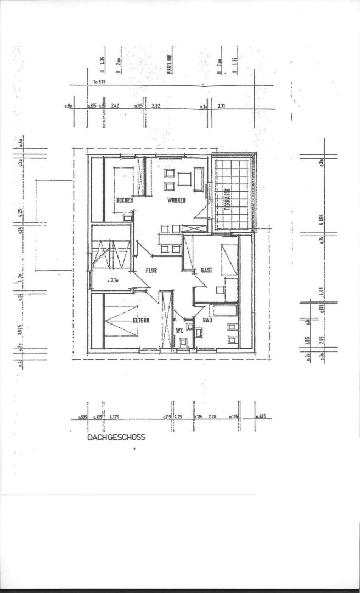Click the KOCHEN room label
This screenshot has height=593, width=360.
pyautogui.click(x=125, y=200)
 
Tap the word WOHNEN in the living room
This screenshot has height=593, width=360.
pyautogui.click(x=177, y=200)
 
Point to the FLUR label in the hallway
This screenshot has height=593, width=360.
pyautogui.click(x=152, y=271)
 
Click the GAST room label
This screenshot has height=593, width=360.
pyautogui.click(x=206, y=271)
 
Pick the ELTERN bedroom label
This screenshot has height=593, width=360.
pyautogui.click(x=140, y=321)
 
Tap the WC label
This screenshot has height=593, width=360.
pyautogui.click(x=179, y=331)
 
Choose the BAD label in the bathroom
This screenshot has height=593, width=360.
pyautogui.click(x=207, y=320)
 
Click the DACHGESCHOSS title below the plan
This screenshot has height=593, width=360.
pyautogui.click(x=116, y=438)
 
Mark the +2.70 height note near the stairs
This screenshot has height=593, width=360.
pyautogui.click(x=114, y=281)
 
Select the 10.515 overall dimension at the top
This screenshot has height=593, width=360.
pyautogui.click(x=99, y=82)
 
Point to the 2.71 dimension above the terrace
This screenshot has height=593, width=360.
pyautogui.click(x=222, y=104)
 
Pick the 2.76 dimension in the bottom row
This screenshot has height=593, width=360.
pyautogui.click(x=213, y=417)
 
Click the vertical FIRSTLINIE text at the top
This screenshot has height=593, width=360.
pyautogui.click(x=170, y=64)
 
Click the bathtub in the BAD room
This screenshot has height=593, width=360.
pyautogui.click(x=225, y=310)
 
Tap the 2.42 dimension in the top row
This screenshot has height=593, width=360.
pyautogui.click(x=115, y=104)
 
